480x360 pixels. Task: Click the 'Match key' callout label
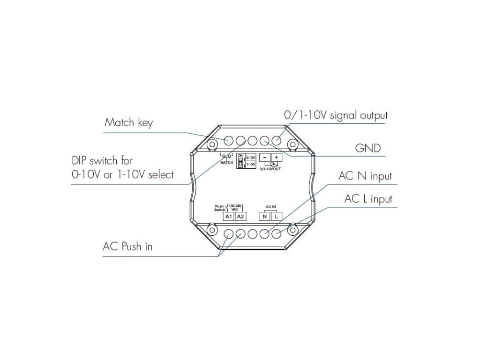128,123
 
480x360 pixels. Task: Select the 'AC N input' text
365,176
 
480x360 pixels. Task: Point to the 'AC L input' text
368,199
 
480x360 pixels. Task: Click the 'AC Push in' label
127,247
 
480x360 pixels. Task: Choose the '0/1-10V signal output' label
336,115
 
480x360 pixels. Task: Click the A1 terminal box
228,217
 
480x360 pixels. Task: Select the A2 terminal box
240,217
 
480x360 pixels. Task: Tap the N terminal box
265,217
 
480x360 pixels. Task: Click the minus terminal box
265,157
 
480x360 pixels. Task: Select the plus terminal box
277,157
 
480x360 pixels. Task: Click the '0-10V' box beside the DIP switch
251,158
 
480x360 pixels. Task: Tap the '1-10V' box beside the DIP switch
251,165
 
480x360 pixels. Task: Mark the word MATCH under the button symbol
227,162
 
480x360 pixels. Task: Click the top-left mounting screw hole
211,143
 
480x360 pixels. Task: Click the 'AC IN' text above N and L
271,206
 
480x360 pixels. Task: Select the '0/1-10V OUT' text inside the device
270,168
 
